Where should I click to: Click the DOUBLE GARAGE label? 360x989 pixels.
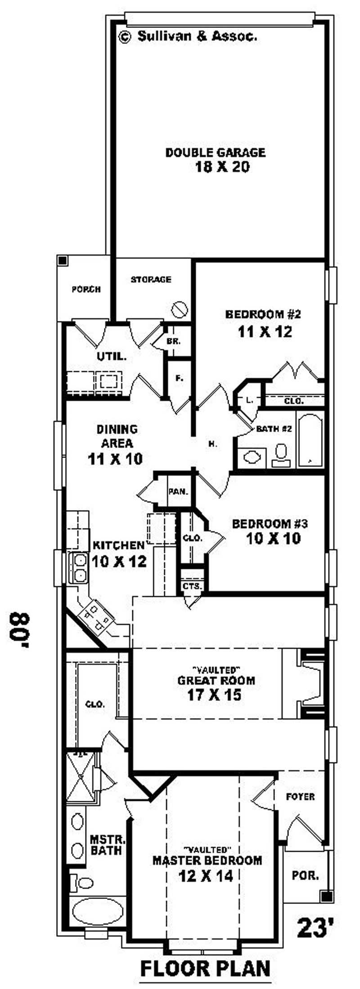pyautogui.click(x=215, y=152)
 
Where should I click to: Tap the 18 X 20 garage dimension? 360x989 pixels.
pyautogui.click(x=222, y=167)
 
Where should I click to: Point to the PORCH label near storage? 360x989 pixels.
pyautogui.click(x=86, y=289)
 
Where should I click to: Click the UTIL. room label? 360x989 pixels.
pyautogui.click(x=112, y=357)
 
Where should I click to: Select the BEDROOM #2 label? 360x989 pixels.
pyautogui.click(x=260, y=314)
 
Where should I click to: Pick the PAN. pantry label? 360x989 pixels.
pyautogui.click(x=178, y=491)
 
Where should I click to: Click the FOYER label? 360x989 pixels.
pyautogui.click(x=300, y=797)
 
